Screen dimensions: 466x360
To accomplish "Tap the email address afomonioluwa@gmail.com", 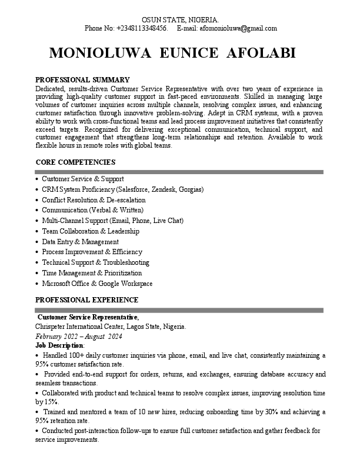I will pos(238,28).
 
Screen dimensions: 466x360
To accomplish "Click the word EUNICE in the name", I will pos(173,53).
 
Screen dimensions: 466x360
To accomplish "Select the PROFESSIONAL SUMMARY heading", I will pos(82,79).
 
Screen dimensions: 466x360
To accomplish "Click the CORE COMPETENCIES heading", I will pos(75,162).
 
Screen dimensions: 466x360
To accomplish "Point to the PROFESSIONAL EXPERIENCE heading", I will pos(87,299).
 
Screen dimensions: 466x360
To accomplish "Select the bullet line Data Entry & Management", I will pos(80,242).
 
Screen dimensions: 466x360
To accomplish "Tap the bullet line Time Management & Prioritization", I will pos(92,273).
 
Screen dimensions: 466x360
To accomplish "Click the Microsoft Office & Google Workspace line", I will pos(97,284).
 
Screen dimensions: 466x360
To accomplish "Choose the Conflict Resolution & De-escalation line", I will pos(93,200).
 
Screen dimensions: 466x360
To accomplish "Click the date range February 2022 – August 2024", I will pos(79,337).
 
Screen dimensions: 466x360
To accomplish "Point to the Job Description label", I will pos(59,345).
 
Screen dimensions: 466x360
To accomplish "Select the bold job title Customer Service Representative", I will pos(88,317).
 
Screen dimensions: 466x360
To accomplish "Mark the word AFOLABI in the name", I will pos(261,53).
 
